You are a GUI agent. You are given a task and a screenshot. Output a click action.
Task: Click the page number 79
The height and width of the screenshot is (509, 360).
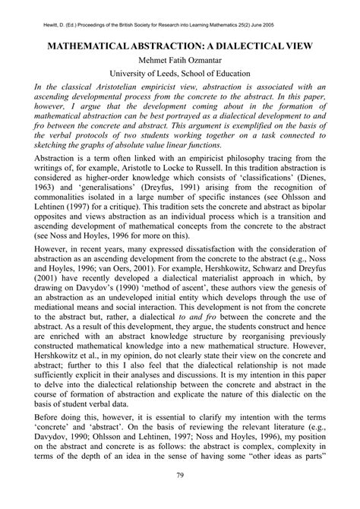click(180, 498)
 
